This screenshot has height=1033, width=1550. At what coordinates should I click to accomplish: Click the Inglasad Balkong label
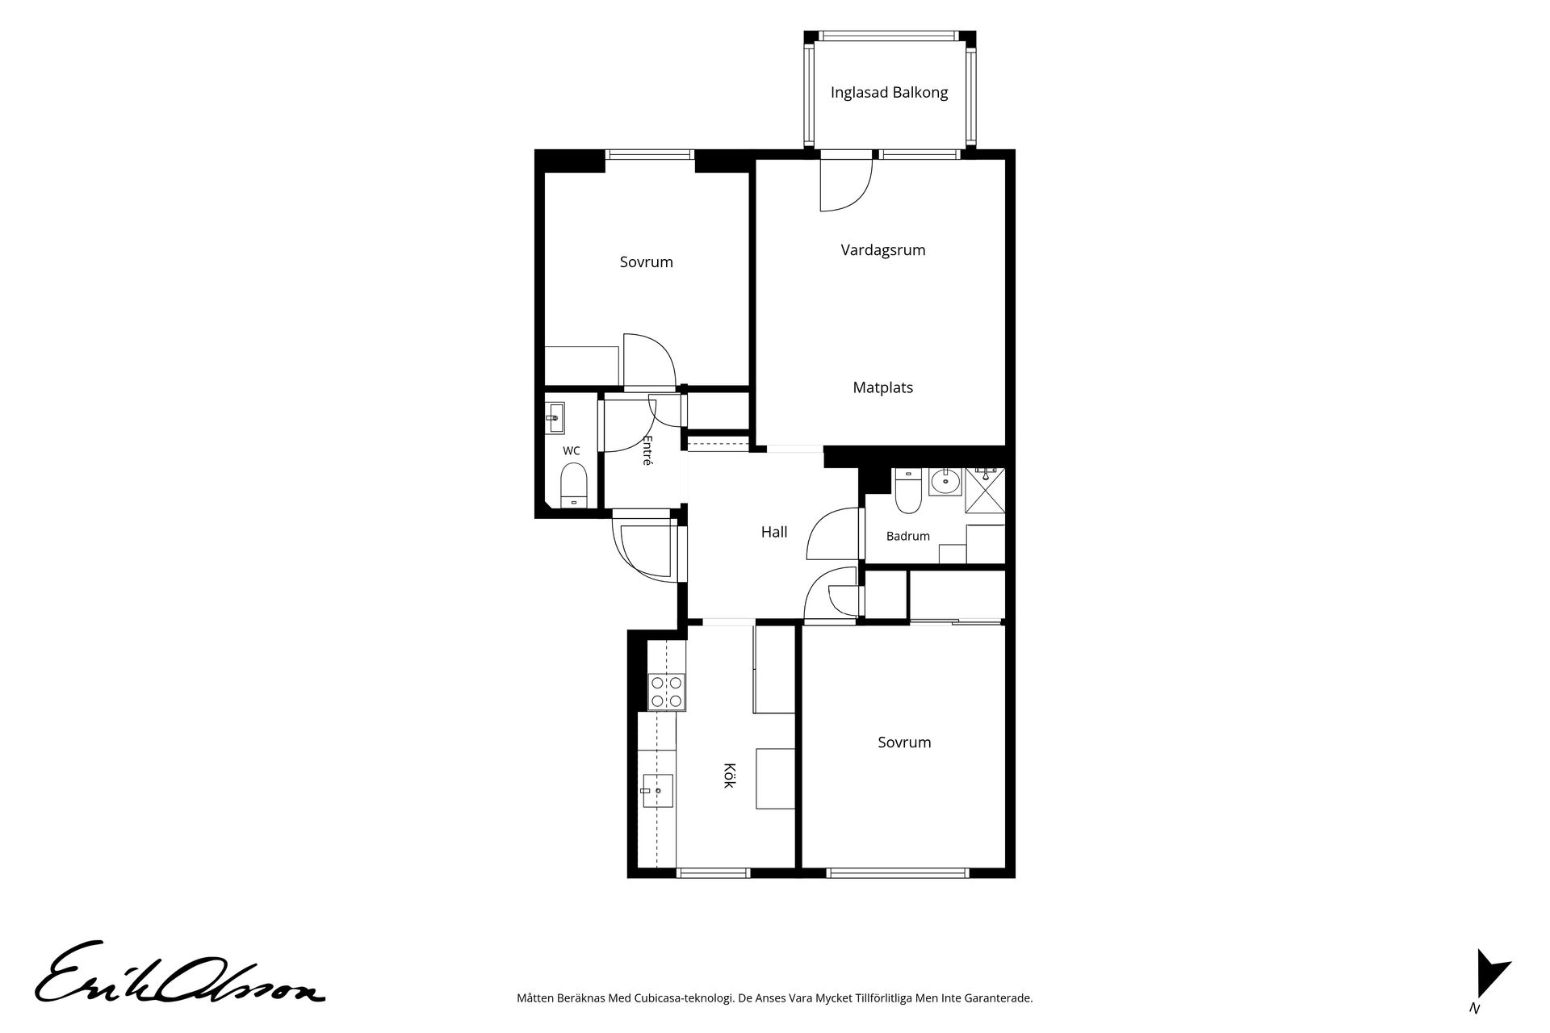coord(889,93)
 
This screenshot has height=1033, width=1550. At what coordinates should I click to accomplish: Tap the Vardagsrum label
coord(883,250)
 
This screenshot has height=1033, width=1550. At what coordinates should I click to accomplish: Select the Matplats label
coord(883,387)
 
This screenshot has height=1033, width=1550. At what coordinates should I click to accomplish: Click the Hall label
coord(774,532)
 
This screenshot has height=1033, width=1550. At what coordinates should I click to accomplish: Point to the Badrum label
coord(908,536)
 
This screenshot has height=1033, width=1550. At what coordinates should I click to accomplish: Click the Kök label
coord(729,776)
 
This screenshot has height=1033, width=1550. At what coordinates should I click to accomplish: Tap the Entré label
coord(647,450)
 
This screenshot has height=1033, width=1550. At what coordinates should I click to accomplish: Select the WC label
coord(572,451)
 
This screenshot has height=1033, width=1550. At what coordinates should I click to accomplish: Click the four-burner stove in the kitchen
coord(667,692)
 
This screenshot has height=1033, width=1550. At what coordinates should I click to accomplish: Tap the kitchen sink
coord(659,790)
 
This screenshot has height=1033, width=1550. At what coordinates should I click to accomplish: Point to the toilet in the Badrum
coord(908,491)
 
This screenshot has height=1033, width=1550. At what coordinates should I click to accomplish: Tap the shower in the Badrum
coord(986,491)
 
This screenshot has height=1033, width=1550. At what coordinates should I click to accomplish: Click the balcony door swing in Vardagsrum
coord(846,185)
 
